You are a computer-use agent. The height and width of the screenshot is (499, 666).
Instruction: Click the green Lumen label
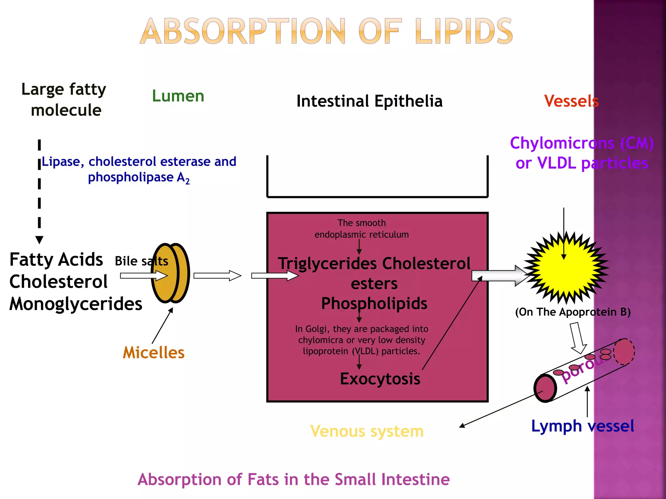178,96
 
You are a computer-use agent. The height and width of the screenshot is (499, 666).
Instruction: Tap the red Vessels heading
571,101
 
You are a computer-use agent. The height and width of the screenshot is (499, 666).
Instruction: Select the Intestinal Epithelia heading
369,101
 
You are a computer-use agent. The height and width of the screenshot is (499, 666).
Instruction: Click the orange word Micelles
153,353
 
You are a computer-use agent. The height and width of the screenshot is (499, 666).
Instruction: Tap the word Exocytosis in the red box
380,379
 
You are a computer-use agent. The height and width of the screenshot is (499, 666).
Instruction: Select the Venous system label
367,431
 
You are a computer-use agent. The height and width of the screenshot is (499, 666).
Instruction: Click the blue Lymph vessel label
582,426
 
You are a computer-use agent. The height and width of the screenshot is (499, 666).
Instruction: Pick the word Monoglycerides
76,304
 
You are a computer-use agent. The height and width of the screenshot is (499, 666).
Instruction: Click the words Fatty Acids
56,260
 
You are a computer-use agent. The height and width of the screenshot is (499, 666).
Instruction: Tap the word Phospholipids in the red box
374,303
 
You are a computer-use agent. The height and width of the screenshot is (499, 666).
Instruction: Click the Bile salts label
141,261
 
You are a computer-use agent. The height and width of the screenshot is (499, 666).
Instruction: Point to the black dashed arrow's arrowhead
39,240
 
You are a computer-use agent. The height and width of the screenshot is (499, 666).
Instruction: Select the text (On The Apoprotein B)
573,312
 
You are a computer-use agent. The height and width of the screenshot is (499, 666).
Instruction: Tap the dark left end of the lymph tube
545,388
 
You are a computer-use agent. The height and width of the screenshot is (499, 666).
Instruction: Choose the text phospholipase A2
139,178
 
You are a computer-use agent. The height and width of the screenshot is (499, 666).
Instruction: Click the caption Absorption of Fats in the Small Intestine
293,480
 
